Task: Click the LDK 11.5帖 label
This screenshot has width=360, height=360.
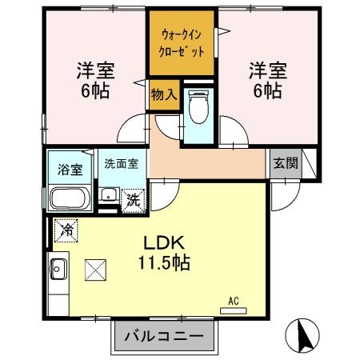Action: click(x=166, y=250)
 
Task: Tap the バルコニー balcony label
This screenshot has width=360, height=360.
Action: click(x=165, y=334)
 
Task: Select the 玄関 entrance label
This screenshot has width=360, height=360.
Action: click(x=286, y=163)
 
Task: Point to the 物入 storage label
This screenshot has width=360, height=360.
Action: click(x=163, y=94)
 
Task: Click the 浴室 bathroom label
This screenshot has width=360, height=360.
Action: click(x=70, y=169)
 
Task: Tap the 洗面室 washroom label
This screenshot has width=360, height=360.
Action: click(x=121, y=163)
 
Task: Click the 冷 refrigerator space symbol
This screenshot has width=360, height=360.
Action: click(x=63, y=230)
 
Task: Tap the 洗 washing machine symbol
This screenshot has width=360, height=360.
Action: click(x=134, y=199)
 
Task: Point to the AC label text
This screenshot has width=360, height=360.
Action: click(x=234, y=301)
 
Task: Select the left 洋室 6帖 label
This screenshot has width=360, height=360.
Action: click(x=95, y=78)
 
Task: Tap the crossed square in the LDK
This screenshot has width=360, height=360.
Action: click(x=96, y=270)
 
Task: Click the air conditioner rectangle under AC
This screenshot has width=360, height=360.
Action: click(x=234, y=309)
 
